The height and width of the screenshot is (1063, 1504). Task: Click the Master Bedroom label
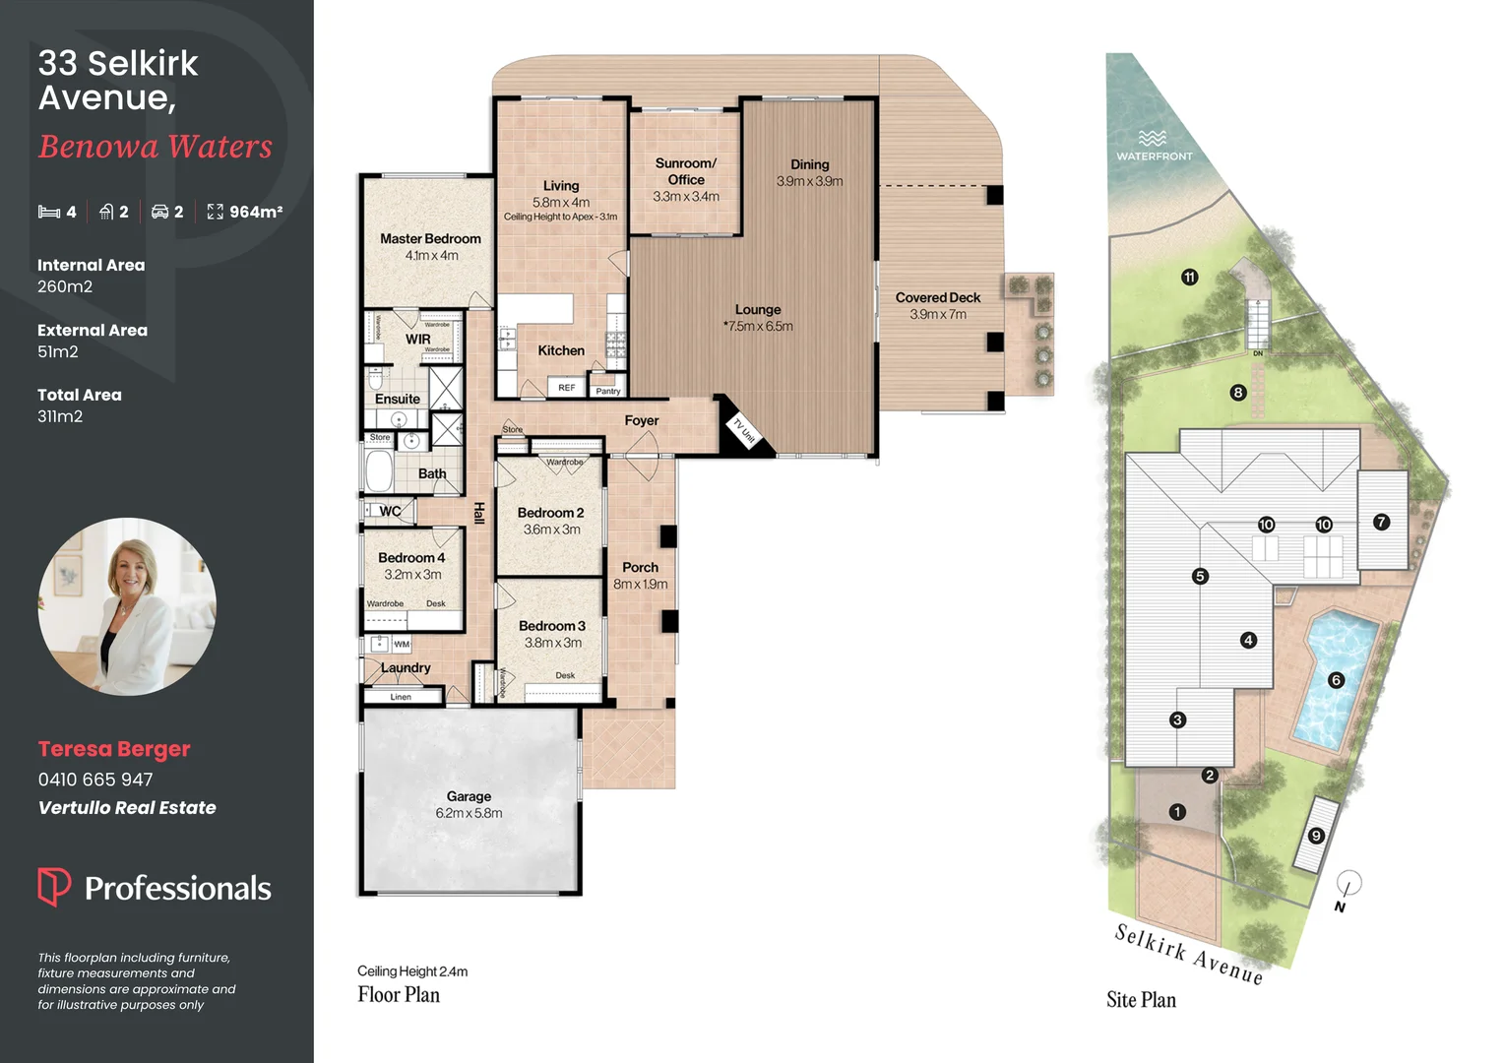(430, 239)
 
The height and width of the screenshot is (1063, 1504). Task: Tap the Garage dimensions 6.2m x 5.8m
(469, 814)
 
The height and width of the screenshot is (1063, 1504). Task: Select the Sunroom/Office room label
(686, 171)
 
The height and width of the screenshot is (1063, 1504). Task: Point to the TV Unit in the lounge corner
(742, 430)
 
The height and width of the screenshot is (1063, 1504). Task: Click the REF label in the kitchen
(567, 388)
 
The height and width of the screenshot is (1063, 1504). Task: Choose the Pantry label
(608, 391)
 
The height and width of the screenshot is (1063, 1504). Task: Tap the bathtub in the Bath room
(380, 471)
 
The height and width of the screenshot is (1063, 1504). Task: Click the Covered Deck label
(937, 297)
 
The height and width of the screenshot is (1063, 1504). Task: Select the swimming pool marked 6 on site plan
(1336, 679)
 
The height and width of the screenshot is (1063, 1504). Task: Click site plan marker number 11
(1189, 278)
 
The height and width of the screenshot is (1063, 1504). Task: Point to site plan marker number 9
(1316, 836)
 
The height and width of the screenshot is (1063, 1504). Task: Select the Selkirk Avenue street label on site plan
(1188, 954)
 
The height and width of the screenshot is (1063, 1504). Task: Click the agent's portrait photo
(127, 606)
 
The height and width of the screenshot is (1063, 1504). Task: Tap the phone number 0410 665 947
(95, 780)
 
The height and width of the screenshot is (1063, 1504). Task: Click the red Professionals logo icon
(54, 886)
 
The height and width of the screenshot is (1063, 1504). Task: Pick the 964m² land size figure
(255, 212)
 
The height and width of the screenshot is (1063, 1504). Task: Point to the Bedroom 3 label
(552, 626)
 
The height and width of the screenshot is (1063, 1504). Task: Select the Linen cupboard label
(401, 697)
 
